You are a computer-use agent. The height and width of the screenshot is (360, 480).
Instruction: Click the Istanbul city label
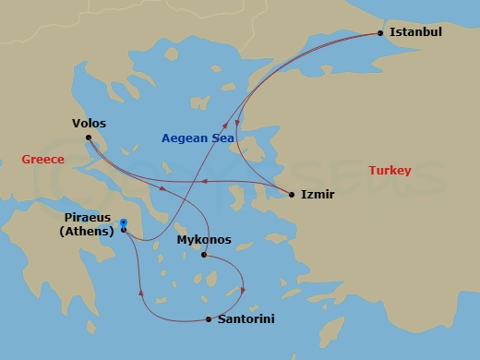point(415,31)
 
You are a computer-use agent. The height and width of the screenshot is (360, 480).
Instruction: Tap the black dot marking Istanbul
point(380,33)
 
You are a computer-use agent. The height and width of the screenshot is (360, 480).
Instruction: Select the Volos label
point(89,123)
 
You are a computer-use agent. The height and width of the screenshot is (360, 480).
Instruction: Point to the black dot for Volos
point(89,138)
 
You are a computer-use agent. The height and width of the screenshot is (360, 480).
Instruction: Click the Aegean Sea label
point(199,138)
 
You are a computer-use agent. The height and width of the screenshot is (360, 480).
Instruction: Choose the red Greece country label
point(42,160)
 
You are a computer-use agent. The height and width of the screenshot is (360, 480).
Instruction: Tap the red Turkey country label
point(390,171)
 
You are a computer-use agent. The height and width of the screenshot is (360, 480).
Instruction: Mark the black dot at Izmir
point(292,195)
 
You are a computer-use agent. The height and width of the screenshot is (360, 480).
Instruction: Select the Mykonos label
point(203,240)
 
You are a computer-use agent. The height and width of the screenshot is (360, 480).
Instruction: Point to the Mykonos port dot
point(203,255)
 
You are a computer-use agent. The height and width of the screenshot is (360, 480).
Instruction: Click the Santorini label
point(245,319)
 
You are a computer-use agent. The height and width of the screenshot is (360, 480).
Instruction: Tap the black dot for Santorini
point(209,319)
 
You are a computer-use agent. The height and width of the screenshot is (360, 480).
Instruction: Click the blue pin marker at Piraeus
point(123,222)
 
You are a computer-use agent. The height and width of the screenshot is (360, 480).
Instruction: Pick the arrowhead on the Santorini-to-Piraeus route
point(141,294)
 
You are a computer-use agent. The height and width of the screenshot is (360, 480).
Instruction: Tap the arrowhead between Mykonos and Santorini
point(244,291)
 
